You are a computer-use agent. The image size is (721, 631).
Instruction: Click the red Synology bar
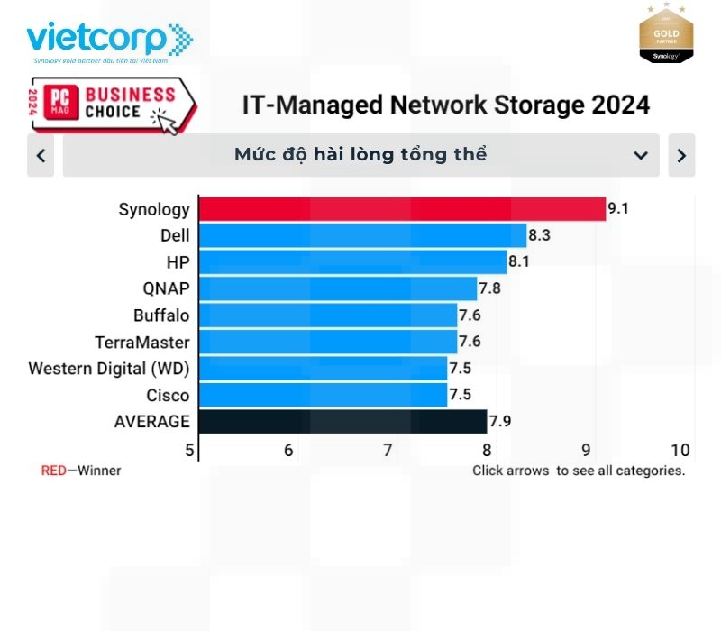(x=402, y=209)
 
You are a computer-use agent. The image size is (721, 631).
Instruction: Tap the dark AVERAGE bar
(x=342, y=421)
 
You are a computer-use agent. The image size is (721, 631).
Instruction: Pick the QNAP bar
(x=337, y=288)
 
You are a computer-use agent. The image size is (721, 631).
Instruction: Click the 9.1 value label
(x=617, y=209)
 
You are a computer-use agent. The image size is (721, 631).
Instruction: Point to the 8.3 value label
(x=539, y=235)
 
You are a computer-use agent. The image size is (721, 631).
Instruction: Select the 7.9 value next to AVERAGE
(x=500, y=421)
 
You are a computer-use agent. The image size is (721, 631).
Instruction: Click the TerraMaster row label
(x=142, y=343)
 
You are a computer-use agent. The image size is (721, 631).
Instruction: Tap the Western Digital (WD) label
(x=109, y=369)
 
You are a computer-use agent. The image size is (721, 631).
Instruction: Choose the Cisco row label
(x=168, y=396)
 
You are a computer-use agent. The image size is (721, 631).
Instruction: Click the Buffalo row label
(x=161, y=315)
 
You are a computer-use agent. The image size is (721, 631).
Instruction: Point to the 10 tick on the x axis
(x=680, y=451)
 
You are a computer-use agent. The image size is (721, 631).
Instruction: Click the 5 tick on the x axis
(x=189, y=451)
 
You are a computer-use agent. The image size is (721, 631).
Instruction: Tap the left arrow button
(x=41, y=156)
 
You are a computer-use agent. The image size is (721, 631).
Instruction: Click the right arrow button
(x=681, y=156)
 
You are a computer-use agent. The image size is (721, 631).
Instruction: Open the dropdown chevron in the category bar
(x=641, y=156)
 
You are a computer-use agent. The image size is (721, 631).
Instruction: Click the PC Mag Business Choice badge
(x=113, y=105)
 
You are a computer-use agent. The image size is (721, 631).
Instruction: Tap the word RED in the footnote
(x=53, y=471)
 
